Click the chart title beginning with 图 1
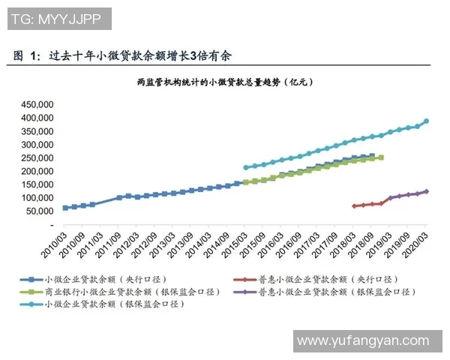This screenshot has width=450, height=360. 124,56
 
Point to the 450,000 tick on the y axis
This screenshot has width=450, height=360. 37,104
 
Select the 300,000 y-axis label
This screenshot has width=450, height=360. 37,145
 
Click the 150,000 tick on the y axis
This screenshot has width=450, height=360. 37,184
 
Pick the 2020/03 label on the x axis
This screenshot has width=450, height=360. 418,241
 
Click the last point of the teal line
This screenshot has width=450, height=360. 427,121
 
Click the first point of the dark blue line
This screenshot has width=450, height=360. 65,208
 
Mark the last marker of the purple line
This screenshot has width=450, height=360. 427,191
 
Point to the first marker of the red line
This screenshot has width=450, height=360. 355,205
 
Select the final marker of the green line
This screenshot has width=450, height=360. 382,157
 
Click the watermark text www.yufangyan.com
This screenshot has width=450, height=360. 363,341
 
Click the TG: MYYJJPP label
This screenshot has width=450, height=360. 58,18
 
